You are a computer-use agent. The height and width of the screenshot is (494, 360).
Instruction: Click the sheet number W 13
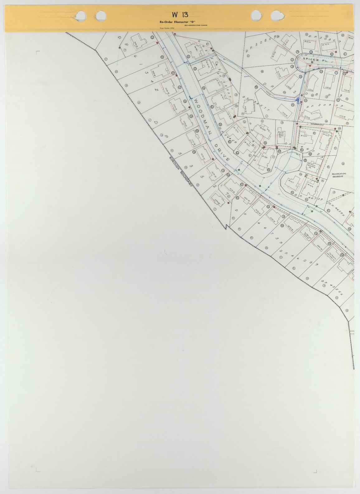point(180,15)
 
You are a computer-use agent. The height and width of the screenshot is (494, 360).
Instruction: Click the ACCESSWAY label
point(317,125)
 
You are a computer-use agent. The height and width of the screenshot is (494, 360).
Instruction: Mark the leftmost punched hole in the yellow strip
point(81,15)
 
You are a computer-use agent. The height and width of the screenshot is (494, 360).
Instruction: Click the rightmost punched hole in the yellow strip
point(277,15)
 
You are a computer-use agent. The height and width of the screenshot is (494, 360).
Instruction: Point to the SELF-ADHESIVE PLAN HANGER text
point(196,25)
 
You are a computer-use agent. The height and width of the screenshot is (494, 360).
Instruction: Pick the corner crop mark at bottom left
point(38,479)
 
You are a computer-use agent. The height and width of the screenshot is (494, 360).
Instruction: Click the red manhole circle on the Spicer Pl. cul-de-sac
point(311,62)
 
